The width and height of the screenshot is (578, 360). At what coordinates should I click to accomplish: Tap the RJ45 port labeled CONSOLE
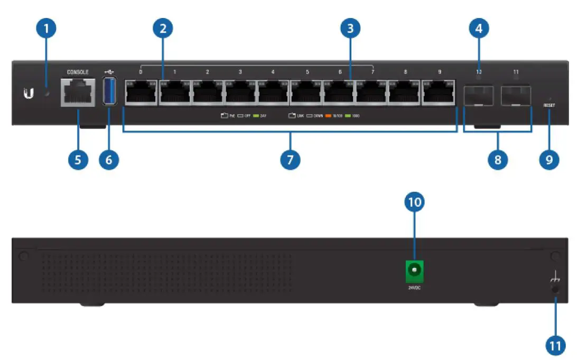coord(78,93)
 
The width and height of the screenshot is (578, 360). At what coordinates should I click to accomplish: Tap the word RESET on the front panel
coord(549,105)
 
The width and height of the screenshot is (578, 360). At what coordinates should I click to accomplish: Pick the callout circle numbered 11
coord(555,346)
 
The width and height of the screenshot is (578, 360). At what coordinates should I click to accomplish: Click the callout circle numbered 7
coord(290,159)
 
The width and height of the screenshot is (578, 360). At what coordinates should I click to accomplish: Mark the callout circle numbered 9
coord(549,159)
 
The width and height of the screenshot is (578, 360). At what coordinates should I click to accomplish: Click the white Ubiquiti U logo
coord(29,94)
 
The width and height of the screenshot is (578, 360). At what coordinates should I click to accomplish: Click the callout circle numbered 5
coord(78,159)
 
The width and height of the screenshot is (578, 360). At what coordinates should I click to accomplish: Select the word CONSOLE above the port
coord(78,71)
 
